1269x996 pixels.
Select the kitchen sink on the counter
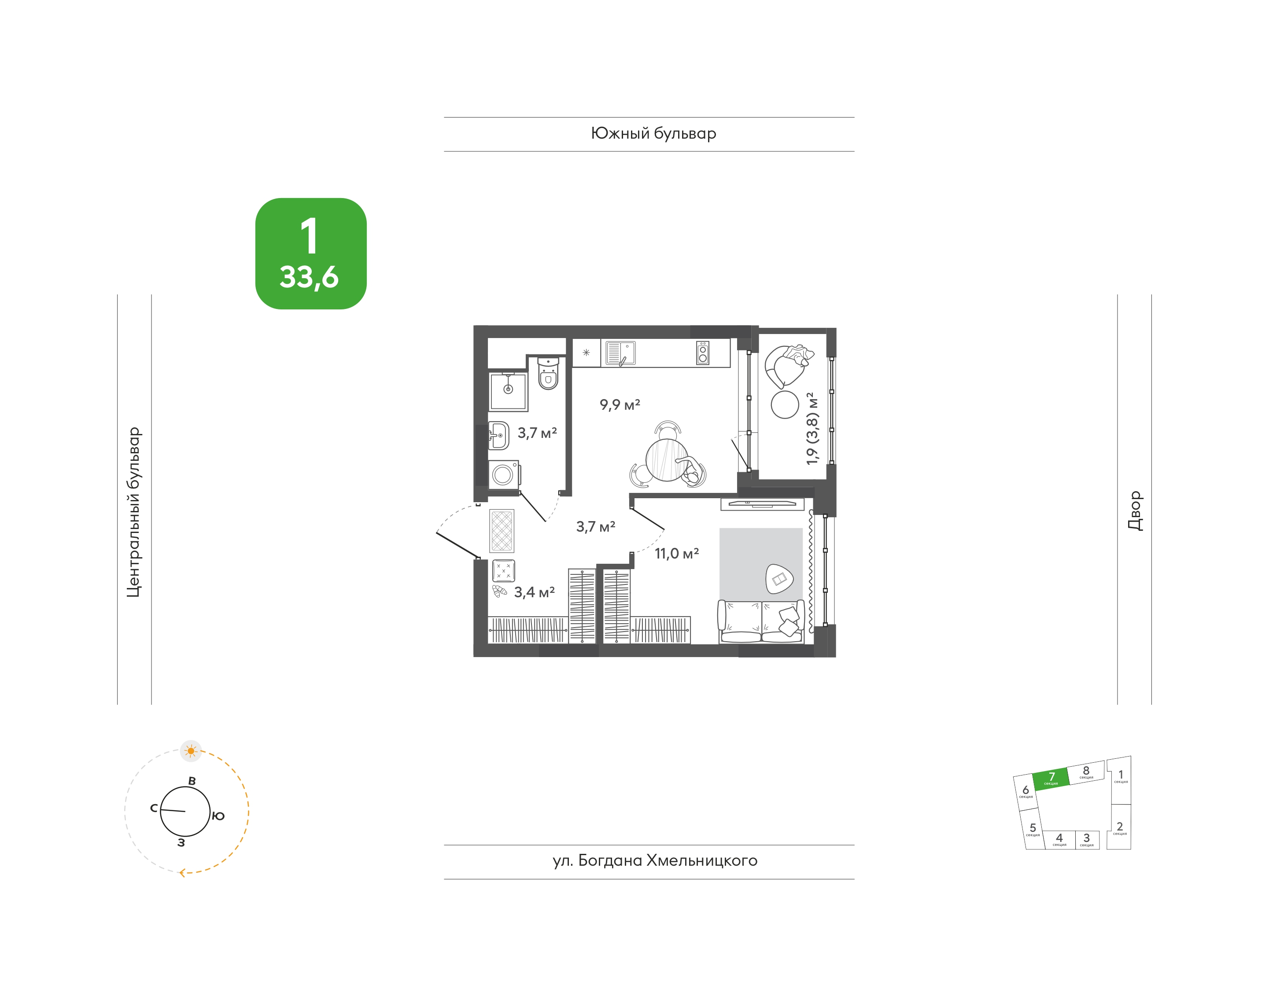tap(620, 353)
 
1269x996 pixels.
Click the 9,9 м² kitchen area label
tap(620, 404)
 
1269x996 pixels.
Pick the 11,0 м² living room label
tap(676, 553)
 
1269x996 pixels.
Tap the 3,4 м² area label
tap(534, 592)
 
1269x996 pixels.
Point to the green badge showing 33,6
tap(310, 253)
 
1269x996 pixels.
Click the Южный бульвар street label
tap(653, 133)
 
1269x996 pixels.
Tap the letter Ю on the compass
tap(218, 816)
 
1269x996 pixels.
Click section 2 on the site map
tap(1119, 827)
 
